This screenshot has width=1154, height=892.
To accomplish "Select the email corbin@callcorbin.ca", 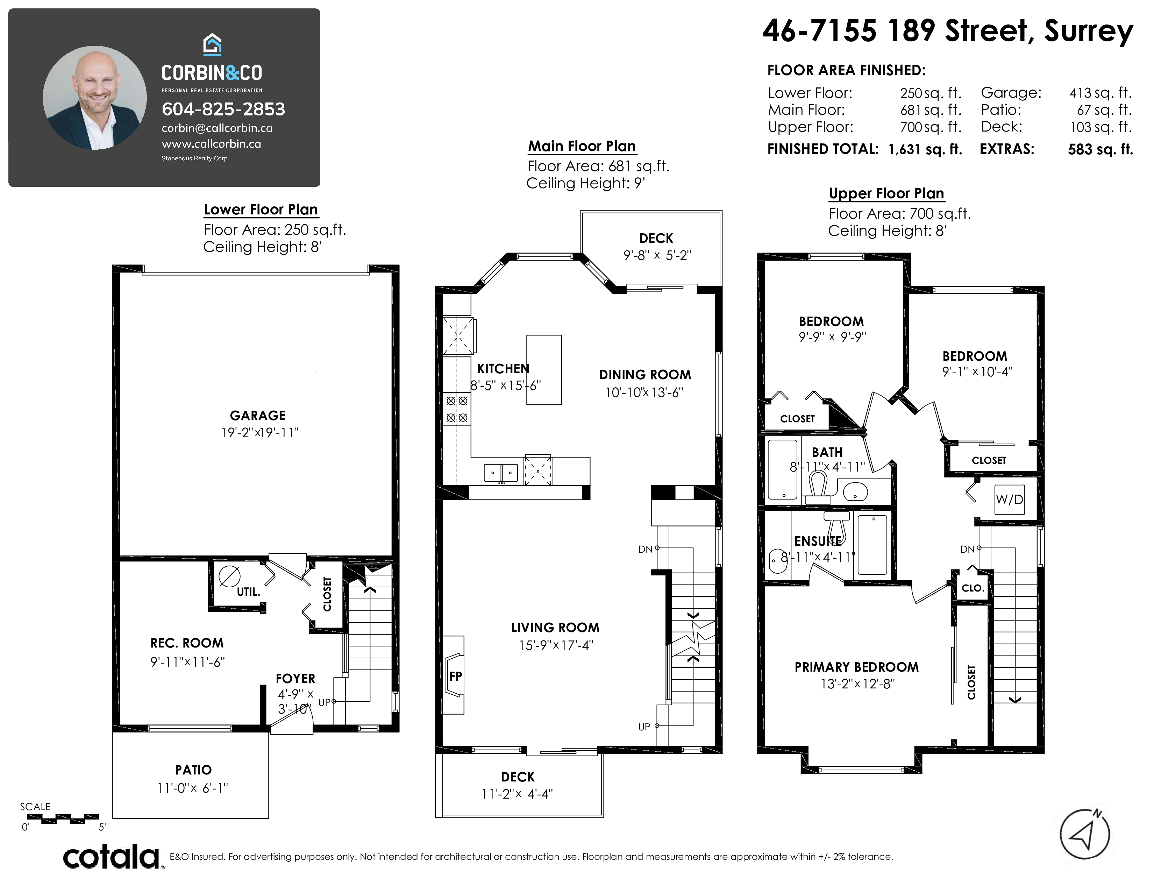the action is [217, 128].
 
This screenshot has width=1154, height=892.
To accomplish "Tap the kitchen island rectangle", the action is [544, 370].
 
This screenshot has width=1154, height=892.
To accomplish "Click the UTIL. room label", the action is [248, 592].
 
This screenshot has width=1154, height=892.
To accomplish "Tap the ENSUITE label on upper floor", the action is [818, 541].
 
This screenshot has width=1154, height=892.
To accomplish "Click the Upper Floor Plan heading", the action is [886, 193].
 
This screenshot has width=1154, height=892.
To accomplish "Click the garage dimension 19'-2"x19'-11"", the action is [260, 433].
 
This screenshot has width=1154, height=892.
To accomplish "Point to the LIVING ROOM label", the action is [555, 628].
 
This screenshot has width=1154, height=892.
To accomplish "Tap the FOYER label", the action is [295, 679].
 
